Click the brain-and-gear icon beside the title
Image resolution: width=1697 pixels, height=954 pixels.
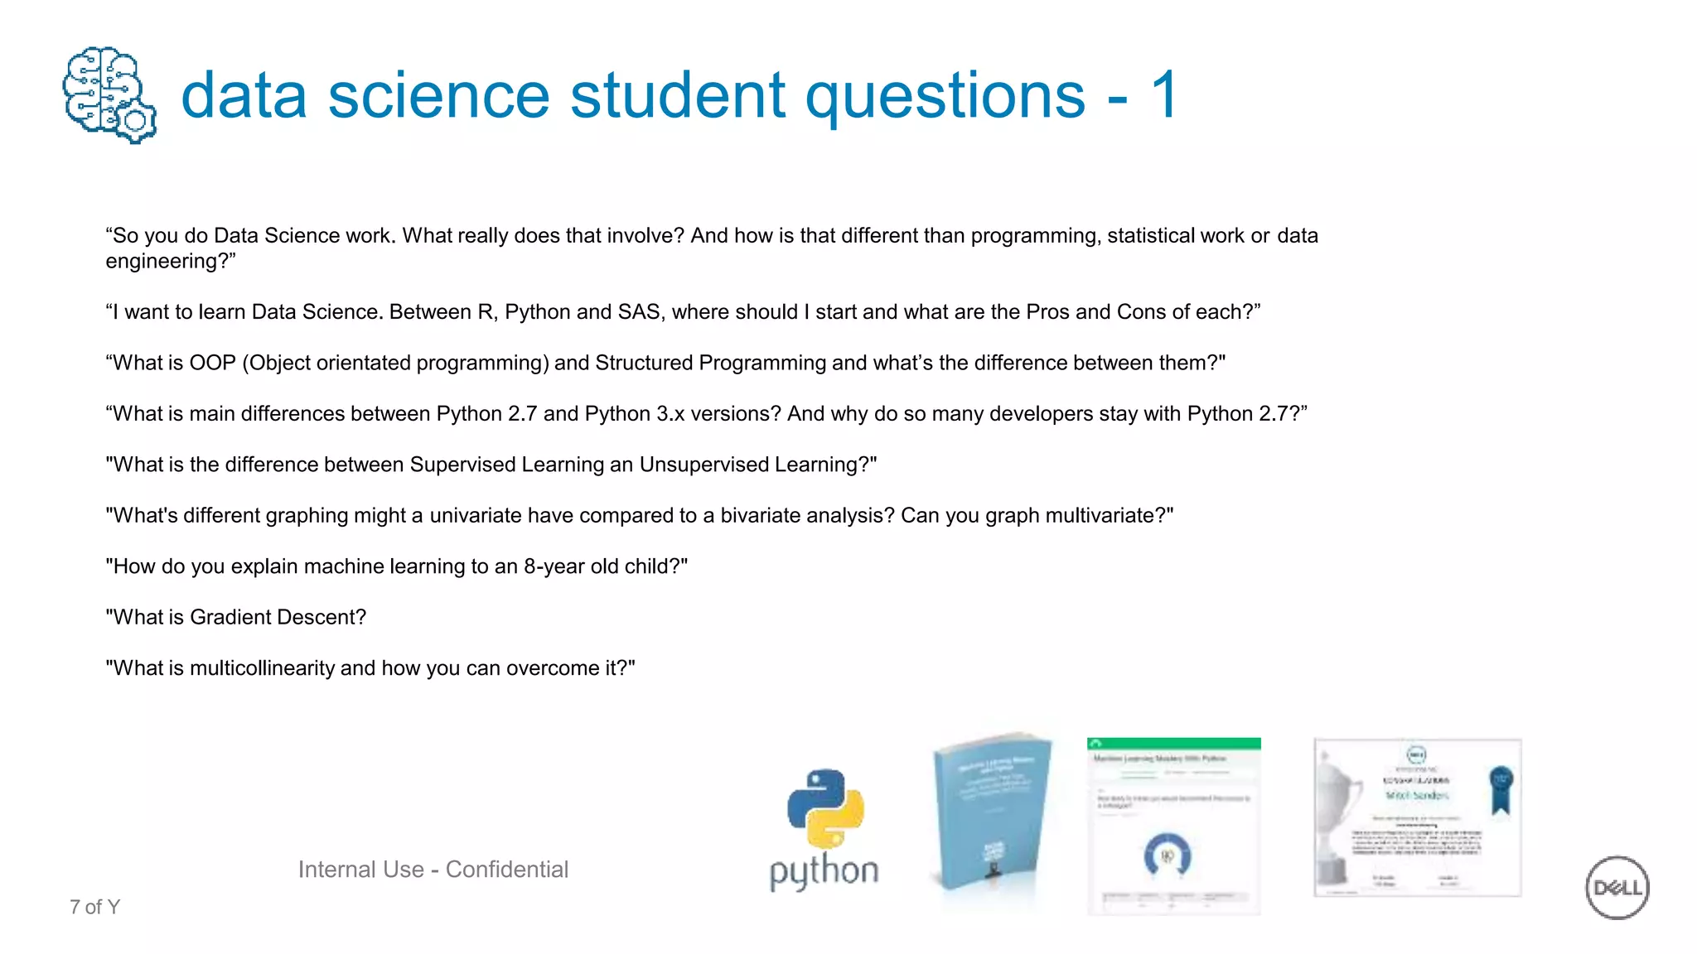pos(109,94)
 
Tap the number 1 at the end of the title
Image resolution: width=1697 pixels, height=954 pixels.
pos(1163,95)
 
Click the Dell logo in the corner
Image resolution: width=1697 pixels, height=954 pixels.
pos(1617,887)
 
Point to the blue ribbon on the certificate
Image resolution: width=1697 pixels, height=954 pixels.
pos(1501,788)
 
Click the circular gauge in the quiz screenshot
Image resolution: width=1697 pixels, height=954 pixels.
pos(1167,855)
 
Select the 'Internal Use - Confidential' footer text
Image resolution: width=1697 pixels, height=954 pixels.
pos(433,870)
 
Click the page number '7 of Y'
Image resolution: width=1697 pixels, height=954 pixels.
pos(94,908)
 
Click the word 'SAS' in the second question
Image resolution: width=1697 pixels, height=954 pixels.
pos(641,312)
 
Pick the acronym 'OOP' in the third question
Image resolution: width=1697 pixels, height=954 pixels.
pos(213,364)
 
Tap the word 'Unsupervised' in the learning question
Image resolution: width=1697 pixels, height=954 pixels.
pos(704,465)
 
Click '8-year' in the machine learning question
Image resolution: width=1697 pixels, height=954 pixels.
pos(550,566)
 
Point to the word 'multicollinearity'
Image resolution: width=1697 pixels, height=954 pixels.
pos(262,668)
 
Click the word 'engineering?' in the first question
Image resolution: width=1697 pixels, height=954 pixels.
pos(170,262)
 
